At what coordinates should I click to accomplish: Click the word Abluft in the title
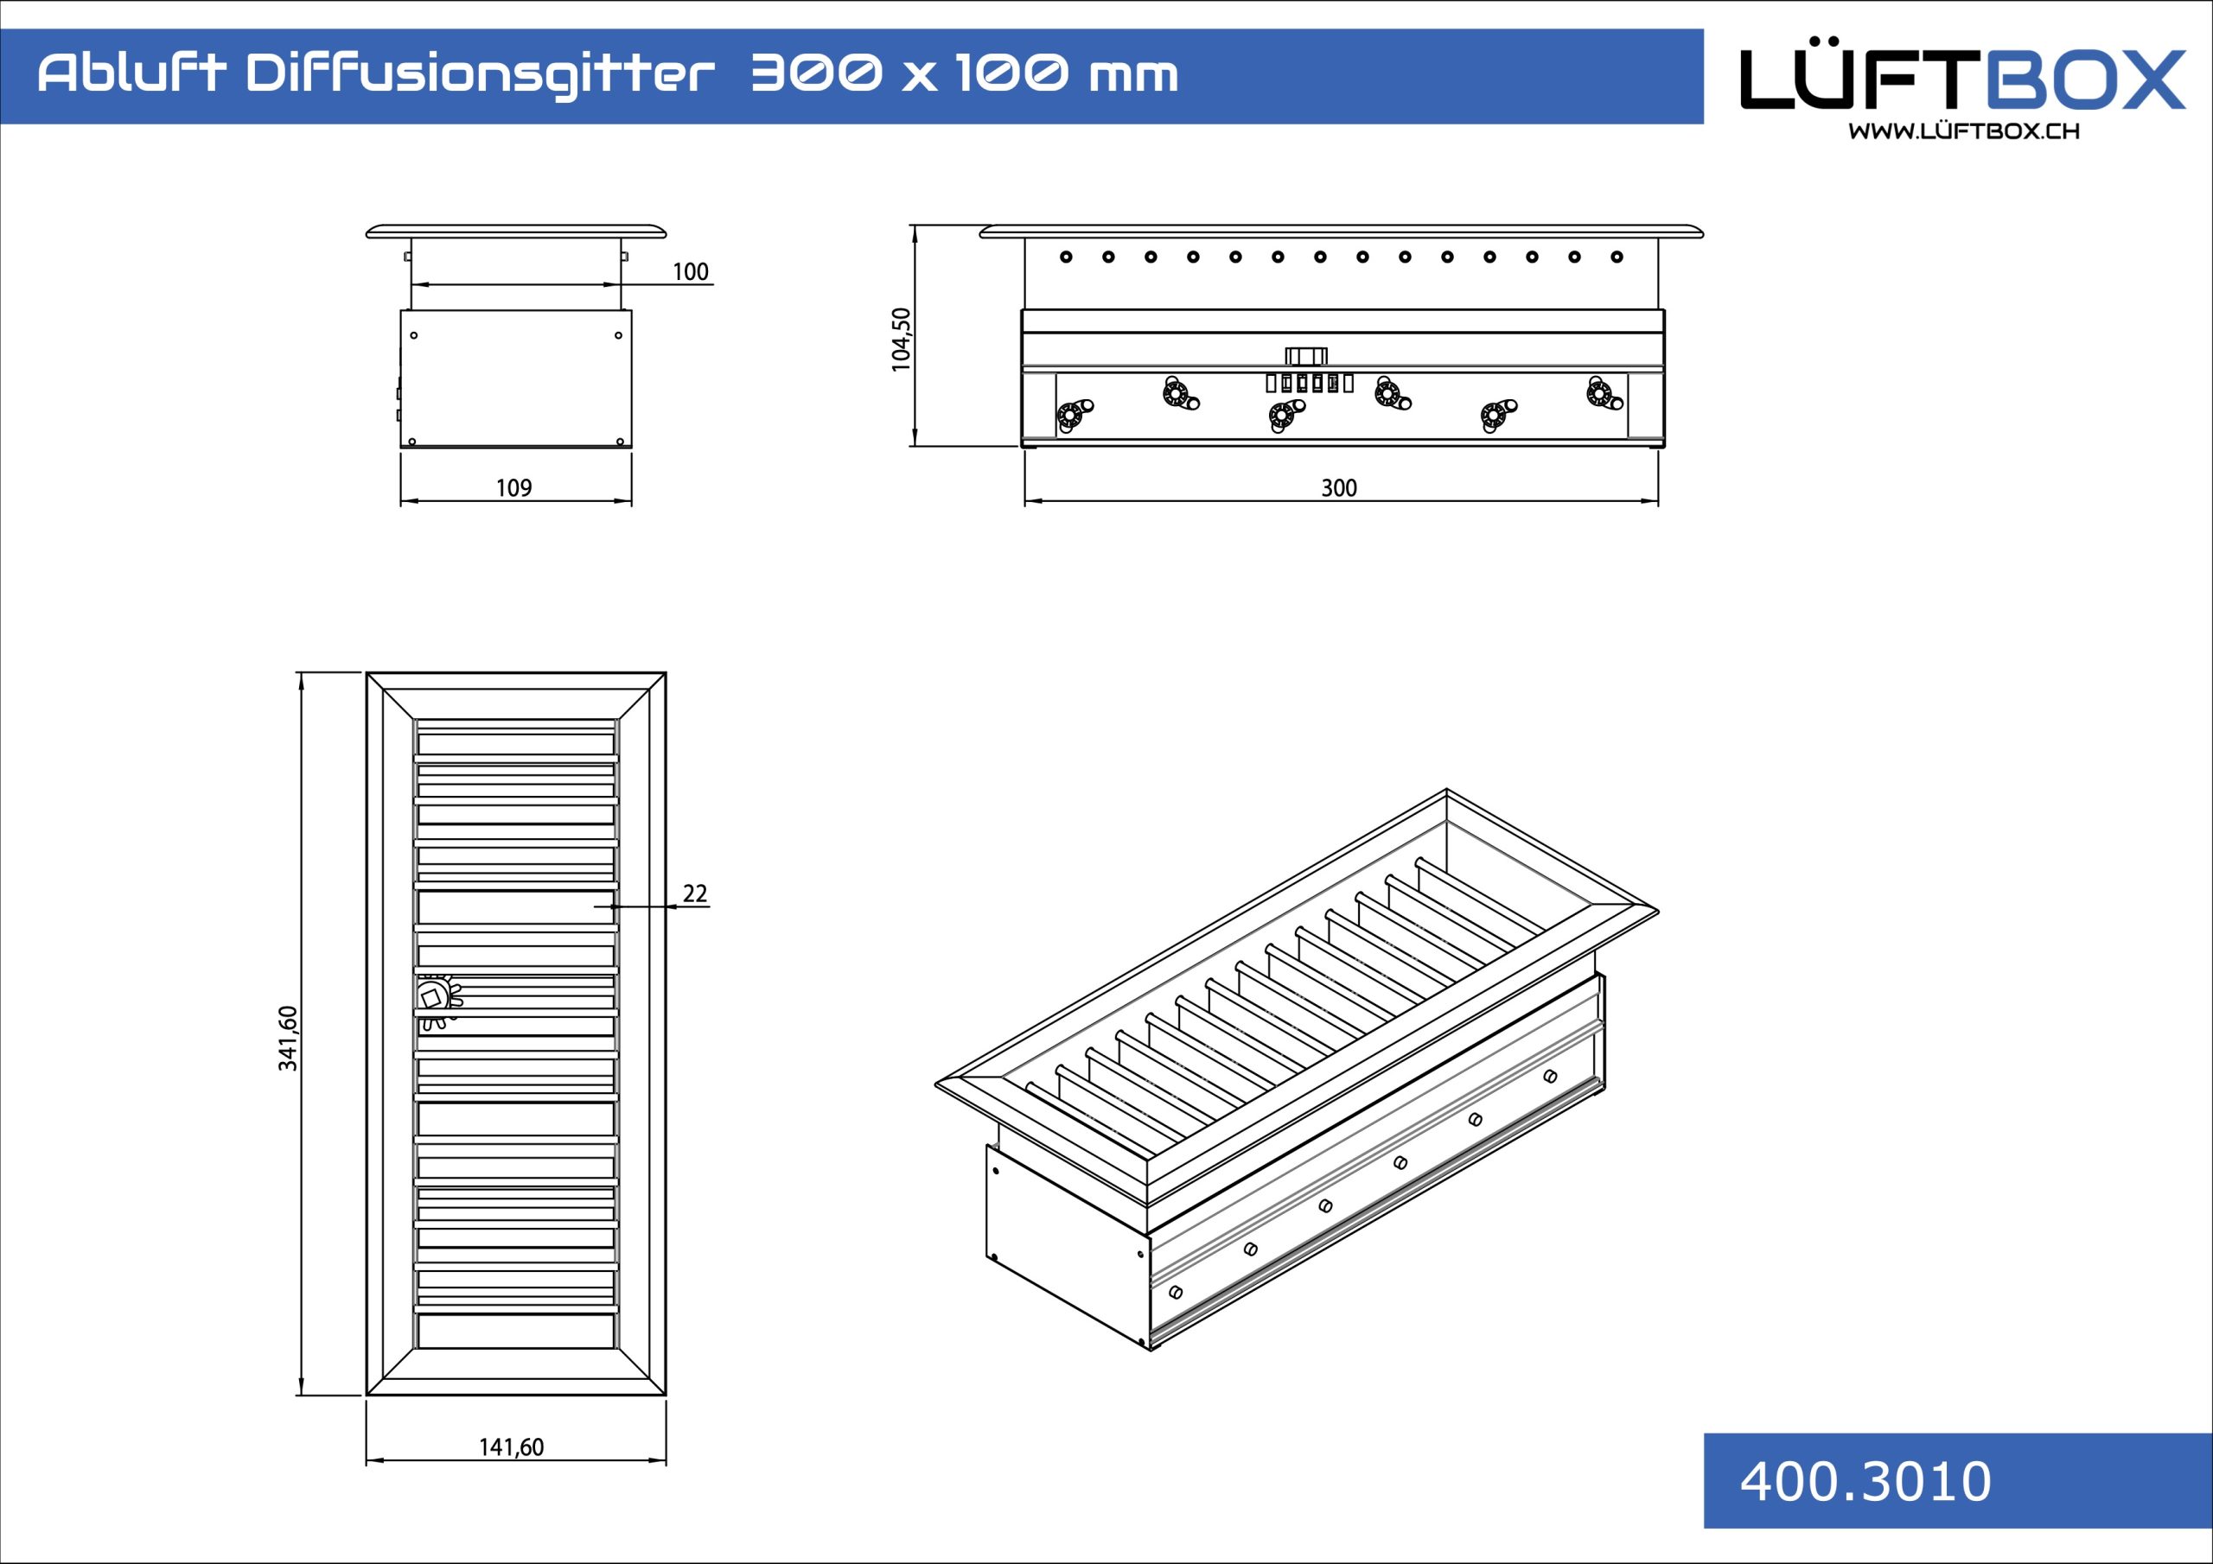[x=132, y=73]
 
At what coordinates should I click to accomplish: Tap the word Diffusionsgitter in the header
[x=481, y=76]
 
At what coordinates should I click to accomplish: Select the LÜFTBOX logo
[x=1963, y=78]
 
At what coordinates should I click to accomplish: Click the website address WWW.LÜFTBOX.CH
[x=1963, y=131]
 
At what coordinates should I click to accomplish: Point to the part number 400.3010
[x=1865, y=1481]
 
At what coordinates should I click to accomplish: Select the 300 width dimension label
[x=1339, y=487]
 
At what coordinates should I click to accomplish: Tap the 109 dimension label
[x=513, y=487]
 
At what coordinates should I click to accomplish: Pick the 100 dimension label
[x=690, y=271]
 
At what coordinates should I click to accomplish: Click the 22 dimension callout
[x=695, y=893]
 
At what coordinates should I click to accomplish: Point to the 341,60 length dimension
[x=288, y=1038]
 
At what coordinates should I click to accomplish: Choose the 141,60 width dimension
[x=512, y=1446]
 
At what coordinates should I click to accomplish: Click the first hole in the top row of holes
[x=1066, y=257]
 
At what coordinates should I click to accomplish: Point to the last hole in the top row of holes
[x=1617, y=257]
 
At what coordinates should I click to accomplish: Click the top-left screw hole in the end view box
[x=414, y=335]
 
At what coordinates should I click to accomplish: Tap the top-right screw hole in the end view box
[x=618, y=335]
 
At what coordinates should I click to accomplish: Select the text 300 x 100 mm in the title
[x=964, y=74]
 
